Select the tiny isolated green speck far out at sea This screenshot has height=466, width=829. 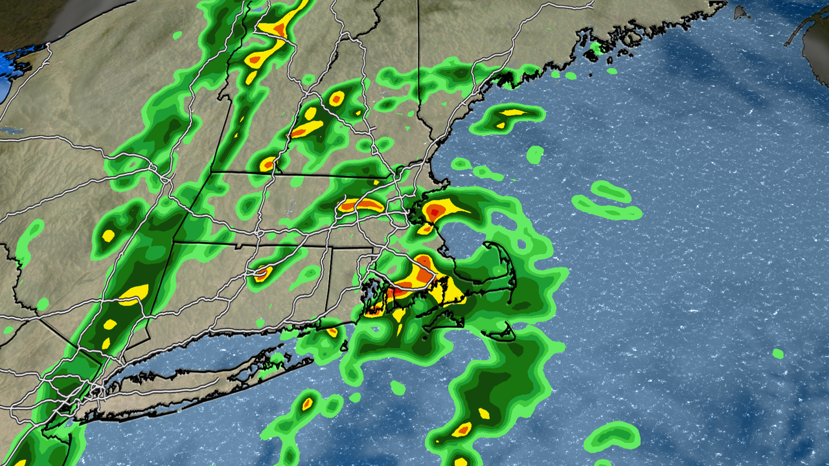[x=777, y=353]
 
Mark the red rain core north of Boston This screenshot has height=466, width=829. [x=434, y=211]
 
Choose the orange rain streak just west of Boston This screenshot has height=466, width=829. [x=361, y=206]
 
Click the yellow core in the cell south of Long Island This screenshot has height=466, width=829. [x=307, y=403]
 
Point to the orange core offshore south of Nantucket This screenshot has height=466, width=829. [x=462, y=428]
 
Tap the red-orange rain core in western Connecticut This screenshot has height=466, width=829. [x=262, y=272]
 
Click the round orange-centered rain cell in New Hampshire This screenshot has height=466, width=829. [x=336, y=99]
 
